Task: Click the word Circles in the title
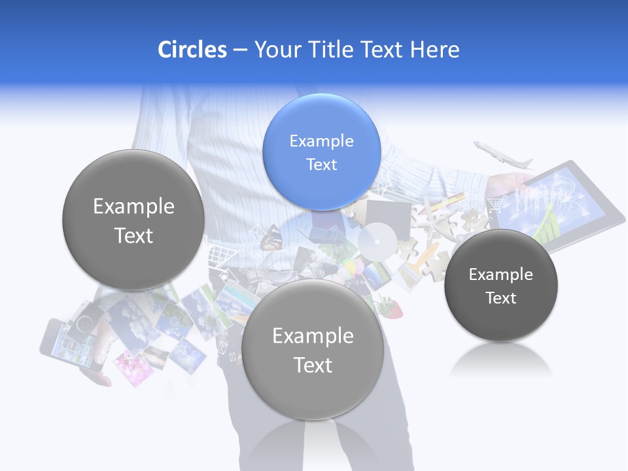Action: click(x=192, y=50)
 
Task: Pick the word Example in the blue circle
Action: click(x=321, y=141)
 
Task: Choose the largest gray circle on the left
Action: click(x=133, y=220)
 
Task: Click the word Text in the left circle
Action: click(x=133, y=235)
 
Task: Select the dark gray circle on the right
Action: click(x=500, y=285)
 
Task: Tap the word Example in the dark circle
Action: click(x=500, y=274)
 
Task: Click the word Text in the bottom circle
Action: click(x=313, y=365)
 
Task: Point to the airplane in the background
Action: click(x=502, y=156)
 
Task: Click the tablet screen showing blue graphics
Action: click(x=556, y=203)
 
